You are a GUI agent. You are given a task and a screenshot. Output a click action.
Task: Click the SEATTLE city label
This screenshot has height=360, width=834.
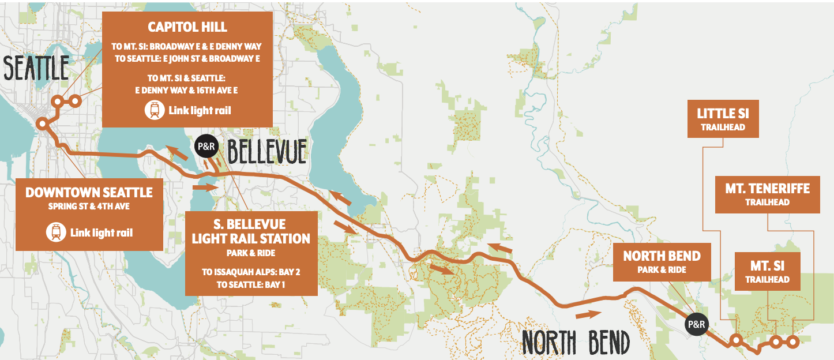36,67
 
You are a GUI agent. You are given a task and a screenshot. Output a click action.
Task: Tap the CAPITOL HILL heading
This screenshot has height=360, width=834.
187,27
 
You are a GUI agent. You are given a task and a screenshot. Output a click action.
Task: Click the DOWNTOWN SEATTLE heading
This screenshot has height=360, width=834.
89,192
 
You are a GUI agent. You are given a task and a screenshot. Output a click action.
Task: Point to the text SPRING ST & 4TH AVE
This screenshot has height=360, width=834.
89,206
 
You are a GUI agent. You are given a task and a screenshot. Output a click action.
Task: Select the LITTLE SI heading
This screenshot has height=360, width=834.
723,114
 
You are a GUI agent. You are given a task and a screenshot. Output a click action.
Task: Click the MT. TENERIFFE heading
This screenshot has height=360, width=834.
767,189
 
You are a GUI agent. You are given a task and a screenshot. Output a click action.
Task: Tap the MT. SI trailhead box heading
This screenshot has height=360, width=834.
767,266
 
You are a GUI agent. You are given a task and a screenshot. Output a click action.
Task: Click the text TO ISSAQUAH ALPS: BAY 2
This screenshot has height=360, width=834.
251,272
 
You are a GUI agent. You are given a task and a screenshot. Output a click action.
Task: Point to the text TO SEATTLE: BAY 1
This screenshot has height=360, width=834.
251,284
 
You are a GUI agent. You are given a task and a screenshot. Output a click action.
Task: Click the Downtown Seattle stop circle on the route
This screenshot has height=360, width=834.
42,123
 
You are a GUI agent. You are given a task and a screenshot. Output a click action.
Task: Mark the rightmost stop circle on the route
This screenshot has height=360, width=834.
792,342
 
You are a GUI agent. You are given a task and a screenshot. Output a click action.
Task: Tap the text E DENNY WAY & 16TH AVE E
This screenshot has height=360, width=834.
187,90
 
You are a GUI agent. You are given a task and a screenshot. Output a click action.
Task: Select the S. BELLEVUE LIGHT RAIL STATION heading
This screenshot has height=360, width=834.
251,231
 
